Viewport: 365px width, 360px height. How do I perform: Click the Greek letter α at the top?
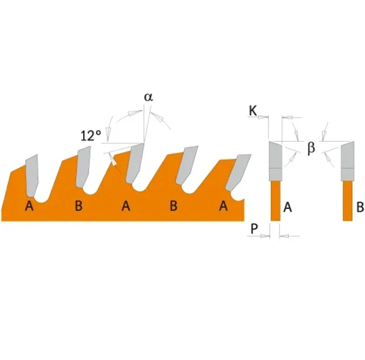coord(148,97)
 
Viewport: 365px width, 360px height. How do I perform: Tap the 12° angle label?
coord(91,136)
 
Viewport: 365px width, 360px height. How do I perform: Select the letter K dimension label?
coord(253,111)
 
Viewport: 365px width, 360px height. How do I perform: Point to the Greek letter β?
coord(311,148)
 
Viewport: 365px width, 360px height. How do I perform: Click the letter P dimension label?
coord(254,229)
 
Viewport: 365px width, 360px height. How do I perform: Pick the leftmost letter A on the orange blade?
coord(29,206)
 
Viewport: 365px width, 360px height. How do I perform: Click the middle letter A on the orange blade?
coord(126,206)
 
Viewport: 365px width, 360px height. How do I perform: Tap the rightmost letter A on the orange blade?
coord(223,206)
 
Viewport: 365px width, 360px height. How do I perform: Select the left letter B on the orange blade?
coord(79,206)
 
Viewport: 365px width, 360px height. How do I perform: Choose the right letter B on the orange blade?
coord(173,206)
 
